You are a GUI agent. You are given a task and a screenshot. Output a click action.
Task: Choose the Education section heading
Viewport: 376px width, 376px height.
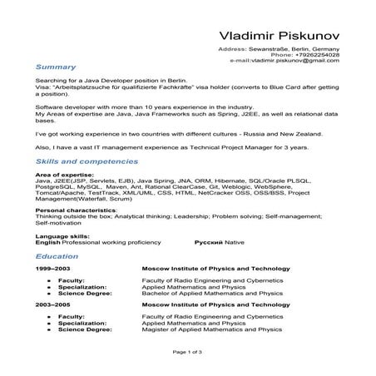click(x=59, y=258)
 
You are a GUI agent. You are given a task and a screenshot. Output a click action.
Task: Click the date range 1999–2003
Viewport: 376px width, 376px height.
click(x=52, y=271)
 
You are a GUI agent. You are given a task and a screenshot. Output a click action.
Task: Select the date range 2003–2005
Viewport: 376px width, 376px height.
click(x=52, y=305)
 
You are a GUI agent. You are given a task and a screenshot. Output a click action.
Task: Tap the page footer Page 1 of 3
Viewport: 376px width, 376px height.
click(x=188, y=352)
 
